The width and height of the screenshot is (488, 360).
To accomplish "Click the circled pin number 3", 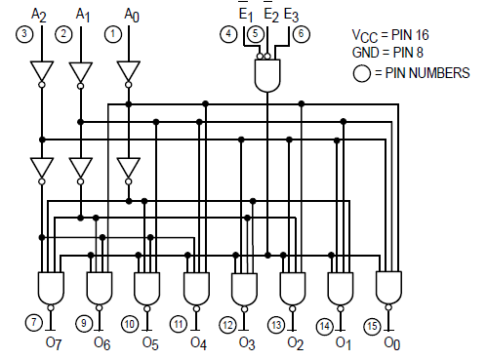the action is pyautogui.click(x=24, y=34).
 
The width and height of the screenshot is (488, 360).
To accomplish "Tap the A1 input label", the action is pyautogui.click(x=83, y=15).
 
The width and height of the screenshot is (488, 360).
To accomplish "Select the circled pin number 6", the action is pyautogui.click(x=302, y=34).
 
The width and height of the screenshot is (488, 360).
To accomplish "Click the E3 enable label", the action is pyautogui.click(x=291, y=16).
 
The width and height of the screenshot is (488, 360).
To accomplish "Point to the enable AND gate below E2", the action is pyautogui.click(x=267, y=75).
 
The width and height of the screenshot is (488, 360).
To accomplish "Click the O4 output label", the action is pyautogui.click(x=198, y=343).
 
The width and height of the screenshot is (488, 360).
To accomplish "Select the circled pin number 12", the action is pyautogui.click(x=227, y=325).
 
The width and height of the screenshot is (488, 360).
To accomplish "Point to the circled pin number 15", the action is pyautogui.click(x=372, y=326).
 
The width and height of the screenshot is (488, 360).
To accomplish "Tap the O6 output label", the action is pyautogui.click(x=102, y=343).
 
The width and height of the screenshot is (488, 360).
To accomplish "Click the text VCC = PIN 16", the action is pyautogui.click(x=390, y=35).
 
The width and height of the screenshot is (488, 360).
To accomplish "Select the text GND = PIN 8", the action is pyautogui.click(x=387, y=53).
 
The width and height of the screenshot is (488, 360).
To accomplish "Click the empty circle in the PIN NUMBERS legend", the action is pyautogui.click(x=361, y=73).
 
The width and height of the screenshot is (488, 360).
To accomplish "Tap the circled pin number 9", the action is pyautogui.click(x=84, y=323).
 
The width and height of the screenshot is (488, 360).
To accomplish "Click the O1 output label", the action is pyautogui.click(x=344, y=343).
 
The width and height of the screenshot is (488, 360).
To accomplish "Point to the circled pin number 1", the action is pyautogui.click(x=113, y=34).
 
